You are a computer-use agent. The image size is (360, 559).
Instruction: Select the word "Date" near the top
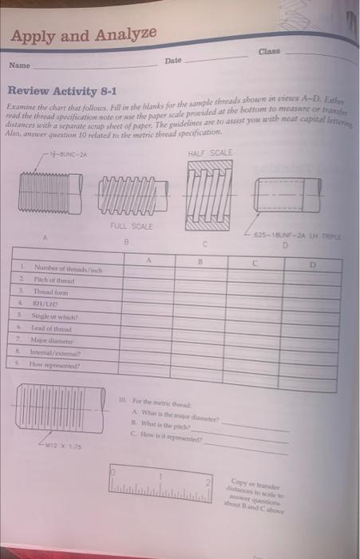(173, 61)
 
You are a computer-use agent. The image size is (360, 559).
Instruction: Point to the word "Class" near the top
(269, 51)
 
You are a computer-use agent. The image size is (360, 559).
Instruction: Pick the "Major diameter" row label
(52, 338)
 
